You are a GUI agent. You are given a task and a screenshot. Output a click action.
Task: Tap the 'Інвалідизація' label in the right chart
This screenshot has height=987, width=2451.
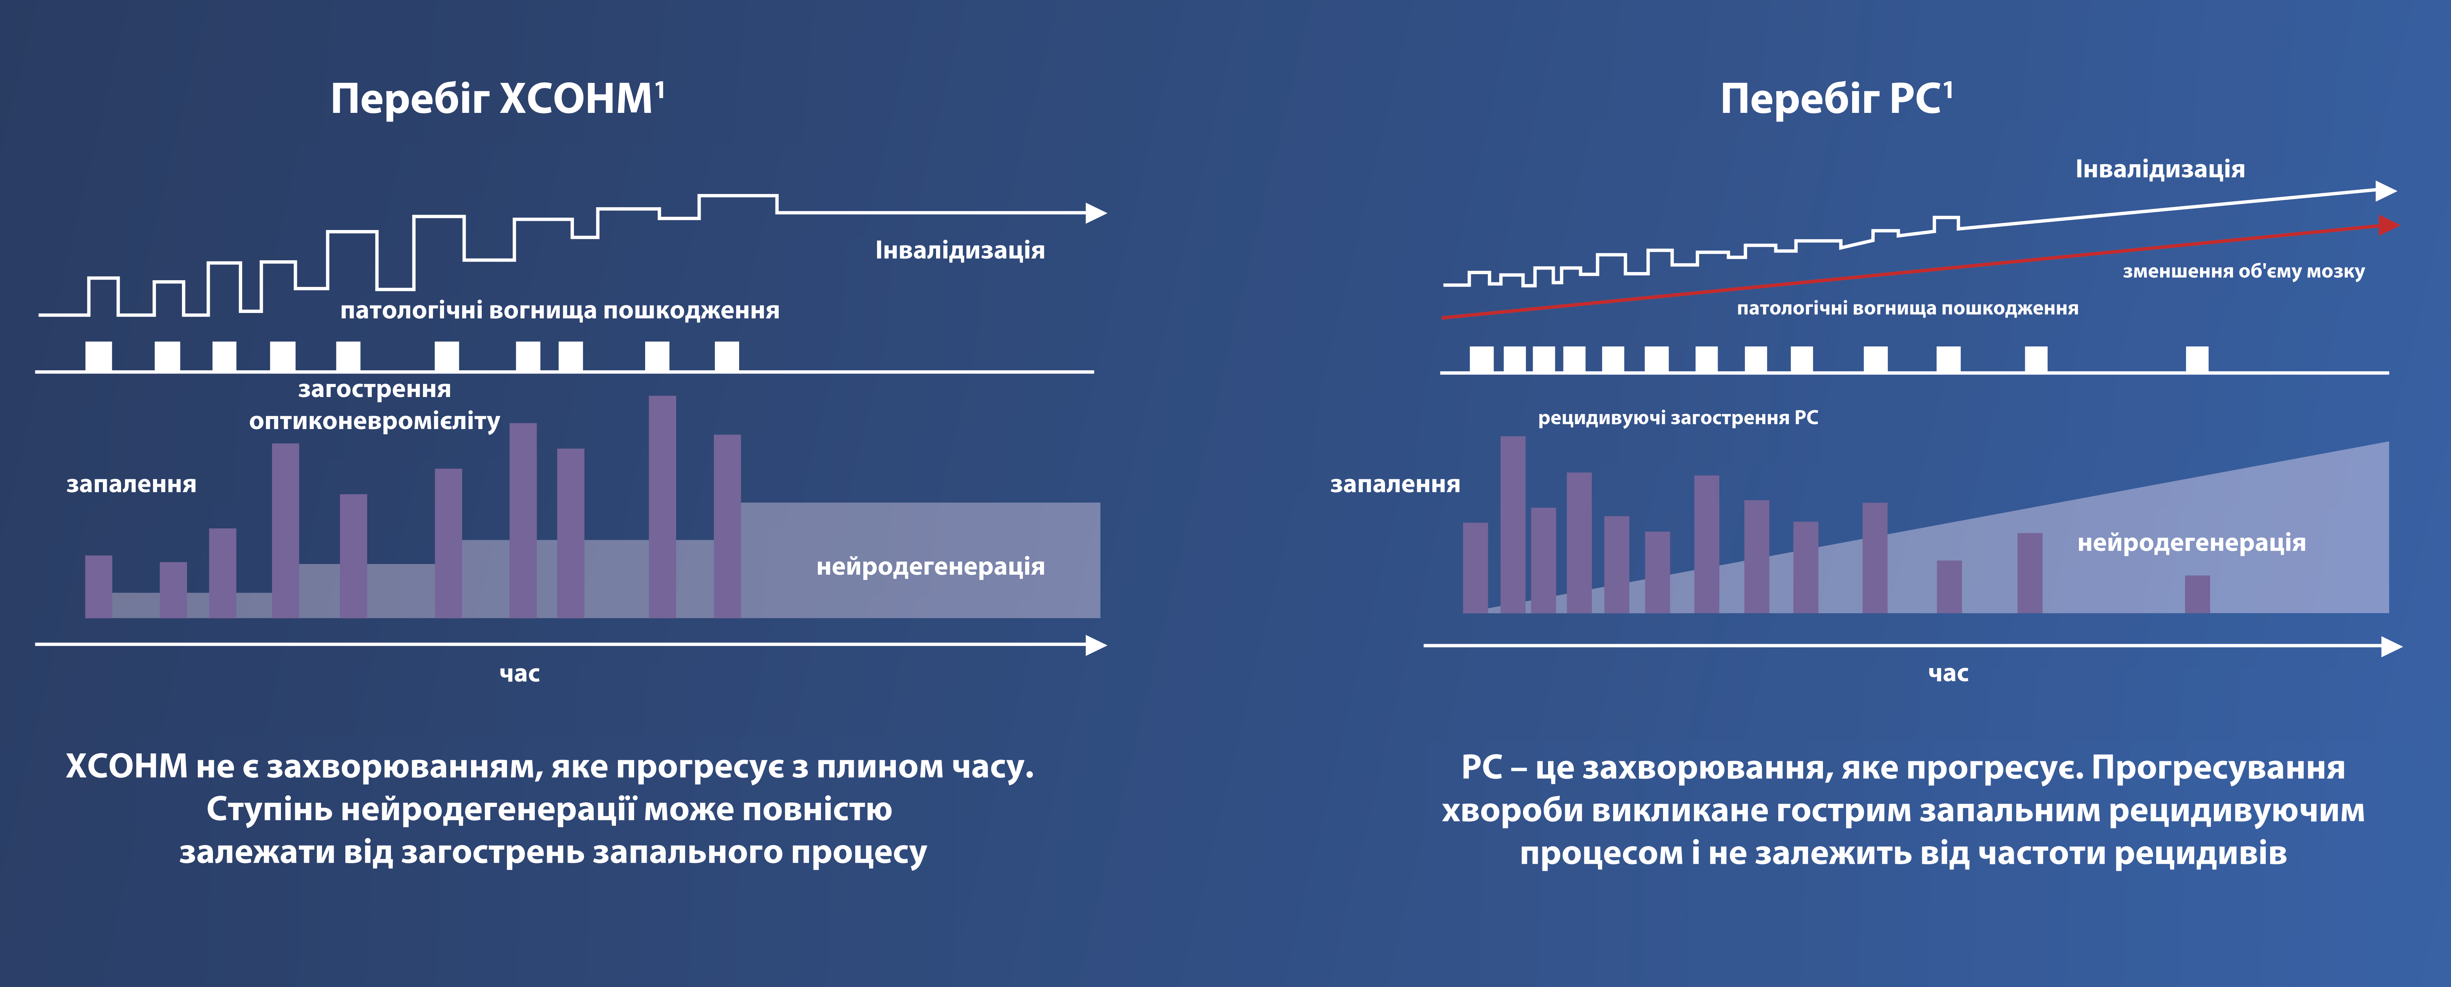(x=2160, y=169)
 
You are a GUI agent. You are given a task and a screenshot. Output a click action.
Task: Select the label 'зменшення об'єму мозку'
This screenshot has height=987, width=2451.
(x=2243, y=271)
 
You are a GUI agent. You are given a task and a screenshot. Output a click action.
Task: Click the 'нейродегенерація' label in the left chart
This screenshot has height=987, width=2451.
(x=931, y=567)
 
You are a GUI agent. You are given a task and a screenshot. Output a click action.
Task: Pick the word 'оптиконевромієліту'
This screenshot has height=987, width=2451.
(x=375, y=422)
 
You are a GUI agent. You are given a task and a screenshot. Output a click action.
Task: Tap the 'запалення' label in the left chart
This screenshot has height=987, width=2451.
(x=131, y=485)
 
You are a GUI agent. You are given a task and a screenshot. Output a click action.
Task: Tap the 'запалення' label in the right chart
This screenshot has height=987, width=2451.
(x=1395, y=485)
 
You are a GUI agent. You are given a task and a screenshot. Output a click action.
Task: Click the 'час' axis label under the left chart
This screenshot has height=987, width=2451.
(x=519, y=674)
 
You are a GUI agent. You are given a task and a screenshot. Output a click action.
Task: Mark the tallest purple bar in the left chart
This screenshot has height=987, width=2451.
(x=662, y=506)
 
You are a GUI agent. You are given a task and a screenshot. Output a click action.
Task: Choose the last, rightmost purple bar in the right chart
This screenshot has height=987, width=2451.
(x=2197, y=594)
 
